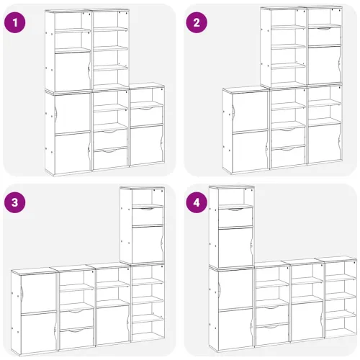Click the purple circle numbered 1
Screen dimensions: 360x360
[x=15, y=23]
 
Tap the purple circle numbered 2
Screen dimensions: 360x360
[x=197, y=22]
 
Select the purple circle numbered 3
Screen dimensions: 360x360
[x=15, y=202]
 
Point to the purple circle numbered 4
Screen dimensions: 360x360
[x=197, y=202]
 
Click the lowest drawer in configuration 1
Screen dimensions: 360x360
[x=110, y=158]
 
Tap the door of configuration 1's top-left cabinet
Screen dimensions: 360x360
[x=73, y=72]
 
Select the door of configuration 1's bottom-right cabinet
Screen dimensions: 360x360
[x=146, y=145]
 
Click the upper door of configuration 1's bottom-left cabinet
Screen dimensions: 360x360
[x=73, y=113]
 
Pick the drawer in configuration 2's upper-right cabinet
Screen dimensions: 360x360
[x=324, y=37]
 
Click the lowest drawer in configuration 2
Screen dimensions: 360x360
[x=288, y=157]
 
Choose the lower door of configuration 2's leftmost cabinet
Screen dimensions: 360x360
[x=250, y=151]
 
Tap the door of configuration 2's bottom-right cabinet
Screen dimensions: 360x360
[x=324, y=144]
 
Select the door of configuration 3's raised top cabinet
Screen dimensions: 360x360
[x=148, y=244]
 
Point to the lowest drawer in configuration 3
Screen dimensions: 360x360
[x=76, y=338]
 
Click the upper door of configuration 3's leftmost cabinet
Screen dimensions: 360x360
[x=38, y=293]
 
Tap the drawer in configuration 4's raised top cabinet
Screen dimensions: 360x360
[x=235, y=217]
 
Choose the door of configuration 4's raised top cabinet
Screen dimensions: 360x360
[x=235, y=247]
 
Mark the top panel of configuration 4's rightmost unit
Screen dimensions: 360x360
[x=336, y=258]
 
